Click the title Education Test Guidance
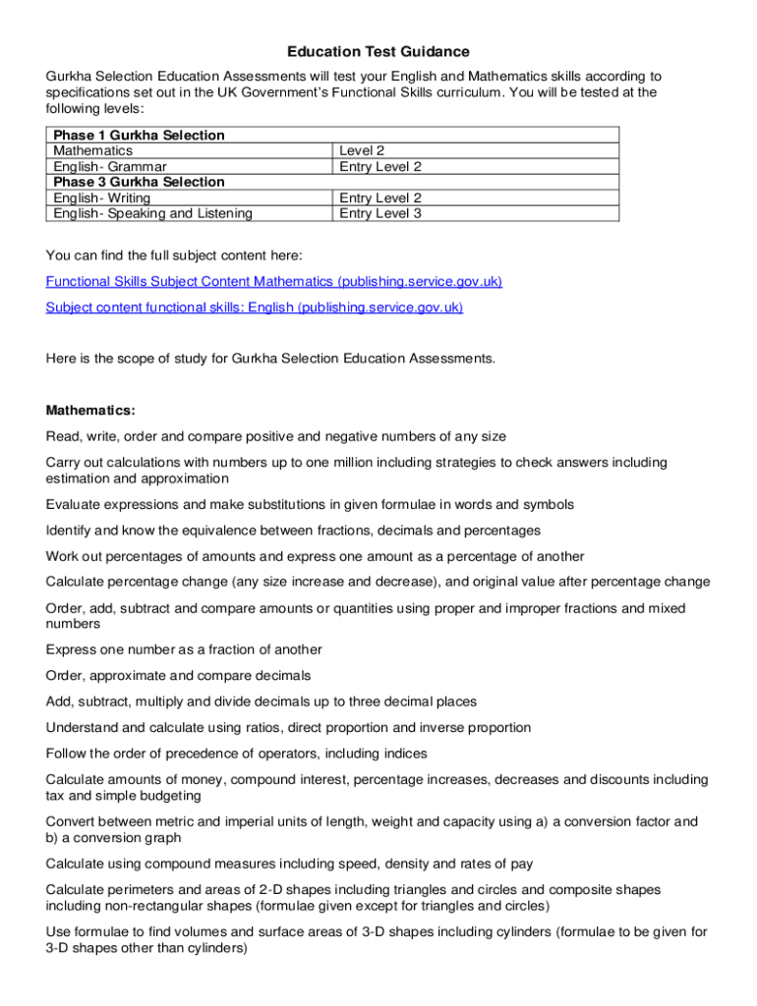tap(378, 51)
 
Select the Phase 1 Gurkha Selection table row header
tap(139, 136)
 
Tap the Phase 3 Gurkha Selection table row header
tap(139, 182)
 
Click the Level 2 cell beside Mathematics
tap(362, 151)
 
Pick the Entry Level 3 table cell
tap(380, 213)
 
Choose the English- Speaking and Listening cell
tap(152, 213)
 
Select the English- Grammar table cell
tap(110, 167)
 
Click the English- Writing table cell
tap(102, 197)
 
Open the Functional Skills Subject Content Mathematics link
tap(274, 282)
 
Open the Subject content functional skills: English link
tap(255, 307)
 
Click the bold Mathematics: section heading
tap(90, 410)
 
